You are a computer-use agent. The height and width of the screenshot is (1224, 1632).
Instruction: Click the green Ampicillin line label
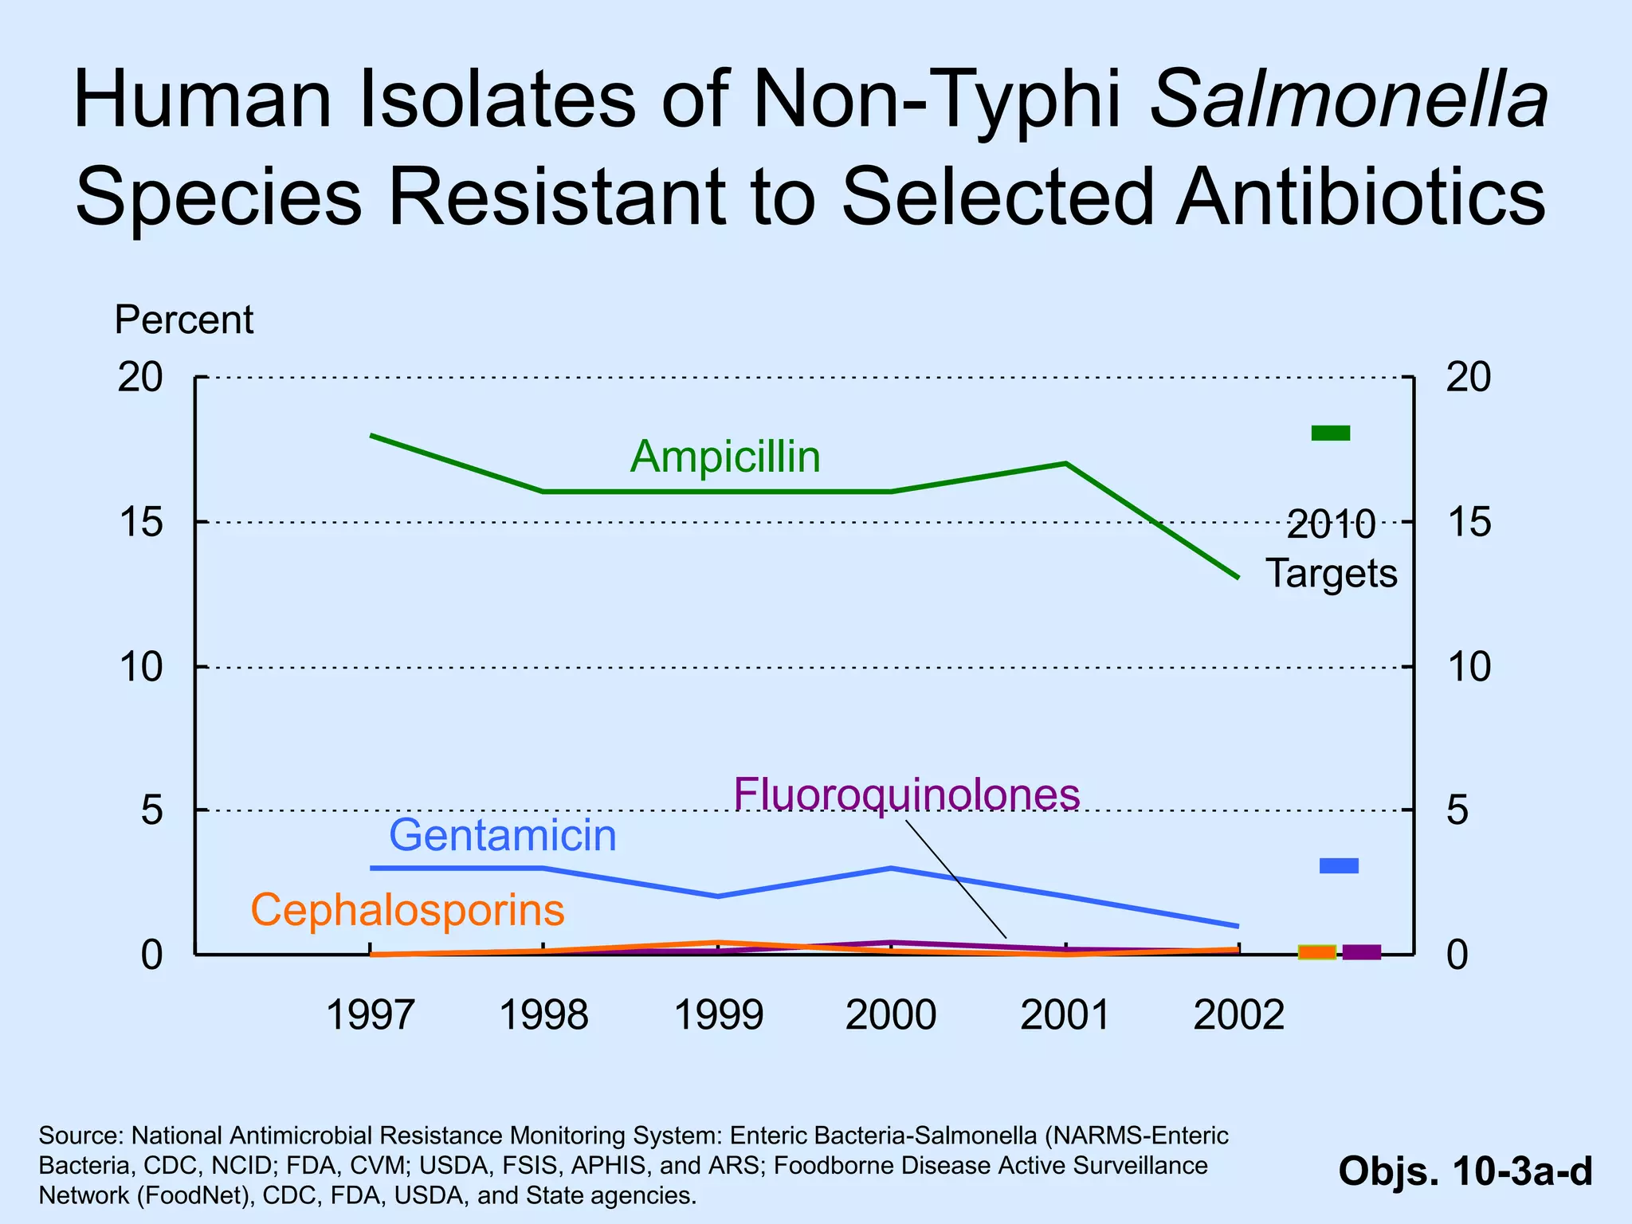(x=725, y=457)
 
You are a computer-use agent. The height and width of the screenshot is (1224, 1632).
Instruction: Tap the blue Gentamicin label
(x=503, y=835)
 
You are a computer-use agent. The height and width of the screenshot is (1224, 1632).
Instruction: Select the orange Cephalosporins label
(x=408, y=910)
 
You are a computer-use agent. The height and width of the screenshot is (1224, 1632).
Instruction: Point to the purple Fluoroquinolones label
(x=907, y=794)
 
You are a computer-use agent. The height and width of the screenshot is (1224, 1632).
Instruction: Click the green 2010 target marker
(x=1331, y=433)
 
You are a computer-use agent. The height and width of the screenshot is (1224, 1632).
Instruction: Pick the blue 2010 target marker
(x=1339, y=865)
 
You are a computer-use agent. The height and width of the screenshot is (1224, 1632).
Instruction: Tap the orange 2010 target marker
(x=1317, y=952)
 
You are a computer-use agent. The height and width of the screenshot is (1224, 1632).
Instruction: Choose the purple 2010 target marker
(x=1362, y=952)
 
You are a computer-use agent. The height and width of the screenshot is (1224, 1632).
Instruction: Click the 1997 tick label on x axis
(x=371, y=1016)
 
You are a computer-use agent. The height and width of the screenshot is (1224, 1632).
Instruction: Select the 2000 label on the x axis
(x=891, y=1016)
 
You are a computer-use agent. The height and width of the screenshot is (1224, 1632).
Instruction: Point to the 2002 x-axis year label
(x=1239, y=1016)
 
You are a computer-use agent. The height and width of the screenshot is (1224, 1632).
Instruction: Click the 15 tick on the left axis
(x=140, y=523)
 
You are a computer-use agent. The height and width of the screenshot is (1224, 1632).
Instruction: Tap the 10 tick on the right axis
(x=1469, y=667)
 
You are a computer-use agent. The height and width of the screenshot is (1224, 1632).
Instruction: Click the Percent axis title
(x=184, y=320)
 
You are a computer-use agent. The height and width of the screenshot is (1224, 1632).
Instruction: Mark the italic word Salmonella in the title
(x=1350, y=100)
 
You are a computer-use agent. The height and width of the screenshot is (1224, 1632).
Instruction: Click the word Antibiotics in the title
(x=1361, y=196)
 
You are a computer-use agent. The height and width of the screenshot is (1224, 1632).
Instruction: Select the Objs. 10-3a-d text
(x=1465, y=1171)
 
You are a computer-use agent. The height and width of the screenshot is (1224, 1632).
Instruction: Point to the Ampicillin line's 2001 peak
(x=1065, y=463)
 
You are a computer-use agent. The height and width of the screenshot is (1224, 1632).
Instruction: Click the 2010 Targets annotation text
(x=1332, y=550)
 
